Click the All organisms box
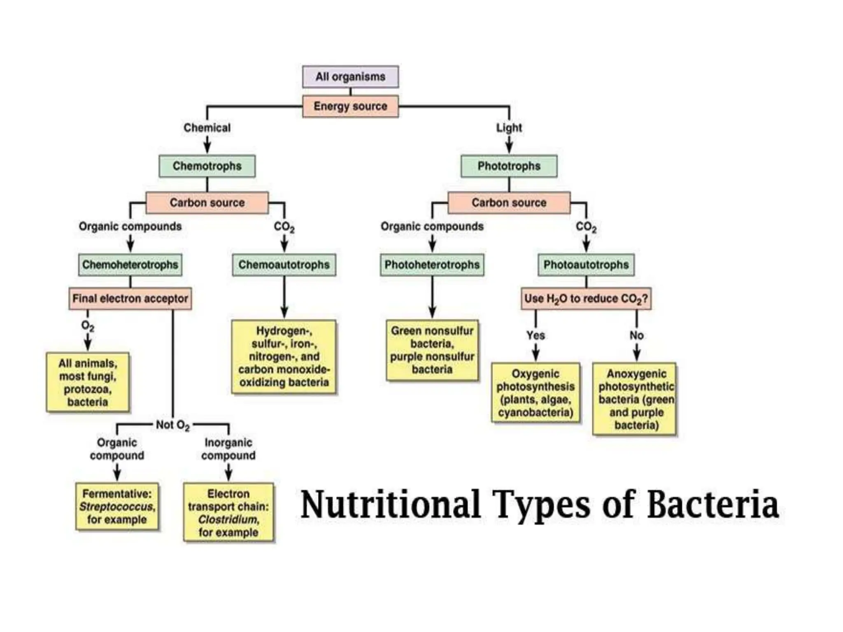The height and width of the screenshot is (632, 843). point(350,77)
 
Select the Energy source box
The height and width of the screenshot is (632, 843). point(350,106)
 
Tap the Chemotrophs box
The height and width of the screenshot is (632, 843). point(207,166)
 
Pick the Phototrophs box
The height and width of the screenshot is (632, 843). point(509,166)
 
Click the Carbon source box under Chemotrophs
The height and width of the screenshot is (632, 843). point(207,202)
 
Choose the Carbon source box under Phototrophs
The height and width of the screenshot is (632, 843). point(509,202)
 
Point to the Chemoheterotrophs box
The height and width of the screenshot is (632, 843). point(130,265)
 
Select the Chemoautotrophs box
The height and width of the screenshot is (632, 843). point(284,265)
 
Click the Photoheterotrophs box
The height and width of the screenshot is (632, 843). point(432,265)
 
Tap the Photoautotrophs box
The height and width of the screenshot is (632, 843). point(586,265)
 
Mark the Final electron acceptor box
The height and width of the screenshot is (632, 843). point(130,298)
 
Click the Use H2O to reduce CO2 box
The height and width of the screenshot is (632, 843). point(586,298)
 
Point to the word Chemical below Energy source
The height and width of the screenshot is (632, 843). point(207,128)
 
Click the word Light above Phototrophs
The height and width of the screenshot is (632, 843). point(509,128)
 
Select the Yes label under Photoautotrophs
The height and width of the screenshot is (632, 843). point(535,335)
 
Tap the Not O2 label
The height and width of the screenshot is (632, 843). point(172,425)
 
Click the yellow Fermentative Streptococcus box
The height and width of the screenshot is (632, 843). point(117,507)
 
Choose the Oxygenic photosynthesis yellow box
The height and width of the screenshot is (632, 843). point(535,393)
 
